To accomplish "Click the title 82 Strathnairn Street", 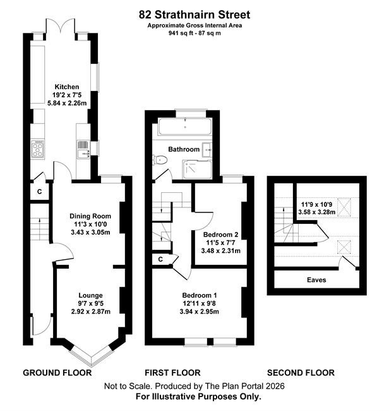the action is (x=194, y=15).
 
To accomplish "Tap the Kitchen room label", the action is (x=67, y=87).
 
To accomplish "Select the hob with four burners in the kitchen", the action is (x=37, y=149).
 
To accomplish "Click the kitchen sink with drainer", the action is (x=84, y=149).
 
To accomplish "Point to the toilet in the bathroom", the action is (x=161, y=159).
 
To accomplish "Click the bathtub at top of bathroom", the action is (x=184, y=126).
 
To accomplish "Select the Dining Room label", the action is (x=90, y=216).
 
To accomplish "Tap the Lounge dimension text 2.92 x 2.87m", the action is (x=90, y=312).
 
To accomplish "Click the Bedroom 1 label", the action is (x=200, y=295).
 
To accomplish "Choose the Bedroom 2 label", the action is (x=220, y=235).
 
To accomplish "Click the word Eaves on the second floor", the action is (x=316, y=280).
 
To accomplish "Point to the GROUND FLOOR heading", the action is (x=57, y=372).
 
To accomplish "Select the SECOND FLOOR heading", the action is (x=301, y=372).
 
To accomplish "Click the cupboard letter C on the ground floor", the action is (x=40, y=192).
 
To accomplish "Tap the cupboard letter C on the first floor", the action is (x=160, y=259).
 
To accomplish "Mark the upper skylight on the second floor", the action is (x=344, y=207).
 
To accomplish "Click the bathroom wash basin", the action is (x=206, y=150).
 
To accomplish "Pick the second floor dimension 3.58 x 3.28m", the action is (x=317, y=212).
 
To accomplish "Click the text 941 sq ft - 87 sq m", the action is (x=194, y=33).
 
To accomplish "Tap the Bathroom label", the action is (x=184, y=149).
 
